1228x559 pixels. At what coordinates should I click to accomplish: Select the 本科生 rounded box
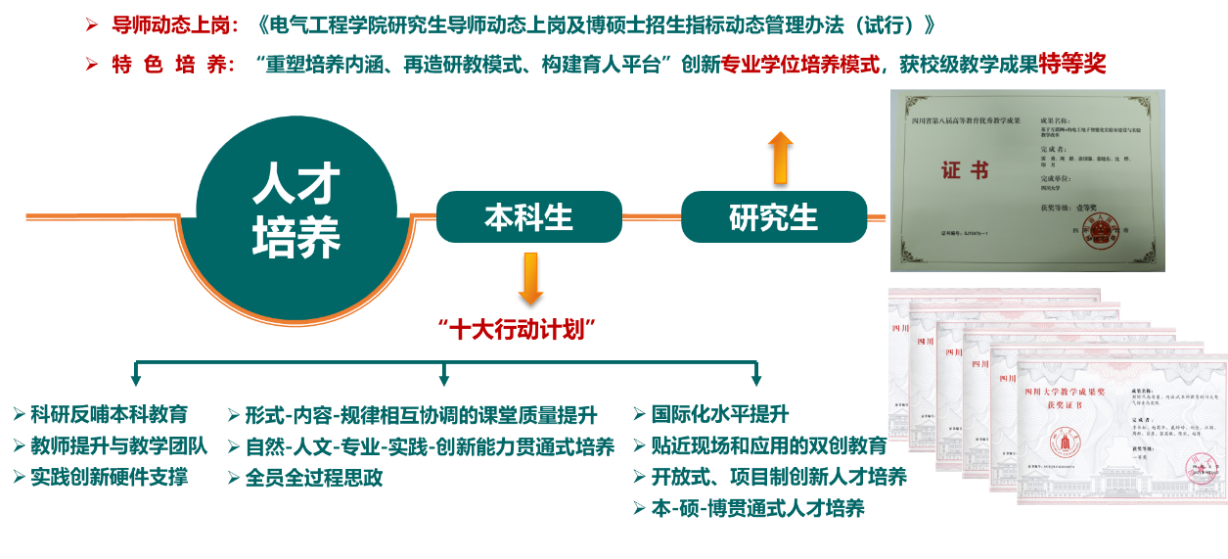(528, 216)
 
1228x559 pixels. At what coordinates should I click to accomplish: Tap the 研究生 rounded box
(773, 216)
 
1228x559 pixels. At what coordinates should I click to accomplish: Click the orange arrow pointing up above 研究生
(780, 158)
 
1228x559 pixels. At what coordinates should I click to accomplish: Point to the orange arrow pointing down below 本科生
(530, 278)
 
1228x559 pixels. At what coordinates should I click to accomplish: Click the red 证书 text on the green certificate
(964, 170)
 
